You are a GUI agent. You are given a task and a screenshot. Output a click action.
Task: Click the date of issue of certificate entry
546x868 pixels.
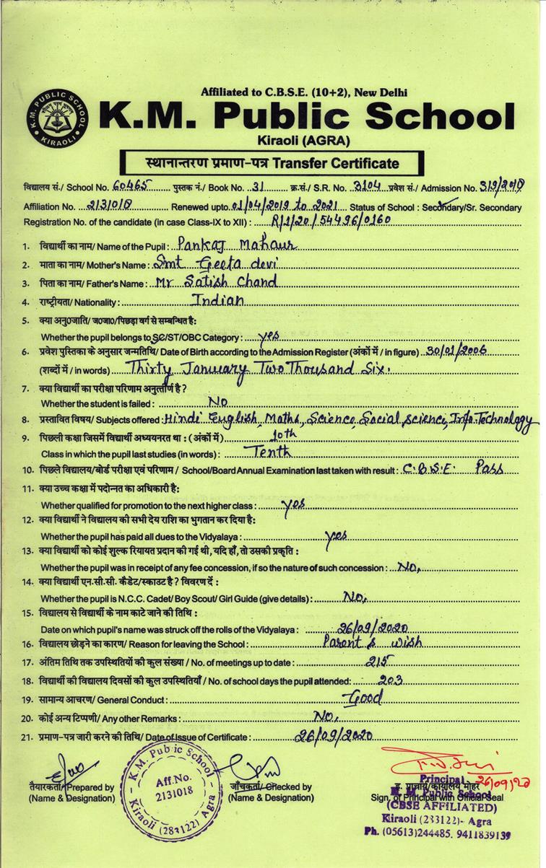click(x=334, y=736)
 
